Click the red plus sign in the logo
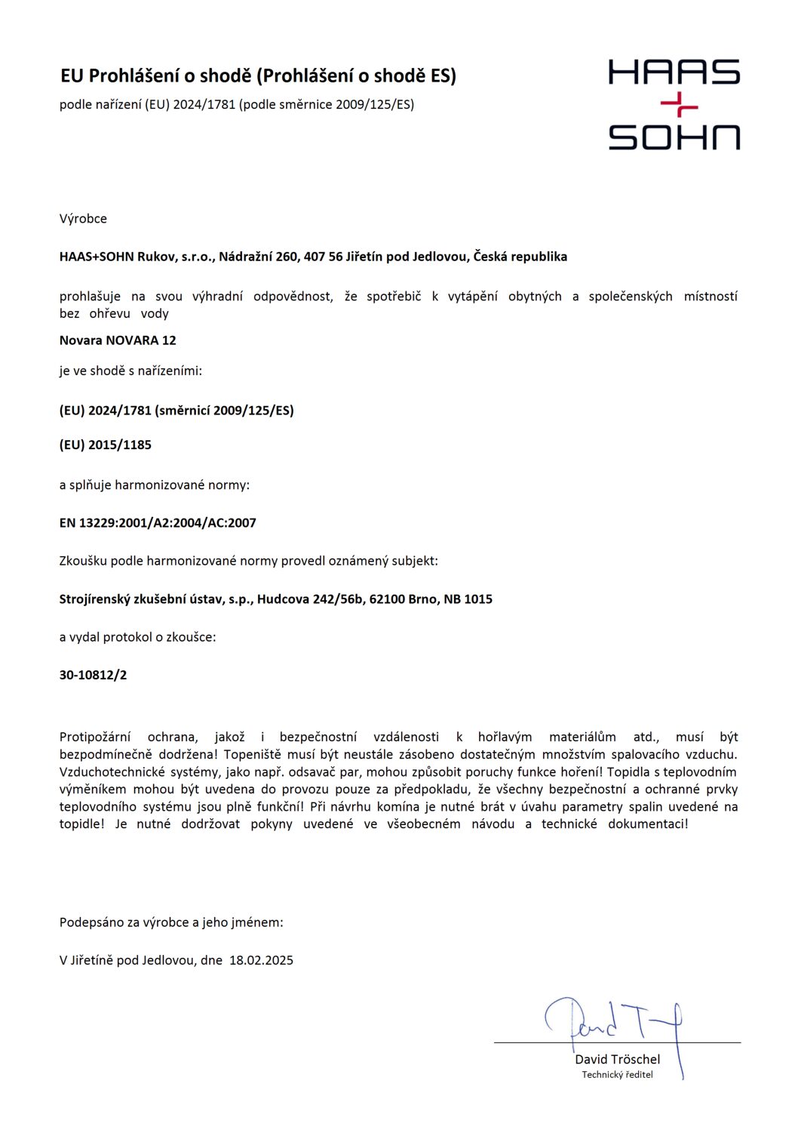679,106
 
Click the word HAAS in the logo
674,72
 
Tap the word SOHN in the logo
674,137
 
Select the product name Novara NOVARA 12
118,340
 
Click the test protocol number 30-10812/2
93,675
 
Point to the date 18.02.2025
261,960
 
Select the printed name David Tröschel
617,1059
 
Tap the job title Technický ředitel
617,1075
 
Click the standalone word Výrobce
83,219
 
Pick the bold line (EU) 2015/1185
106,445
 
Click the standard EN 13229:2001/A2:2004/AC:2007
158,522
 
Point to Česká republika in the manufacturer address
520,257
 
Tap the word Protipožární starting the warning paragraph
95,737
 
